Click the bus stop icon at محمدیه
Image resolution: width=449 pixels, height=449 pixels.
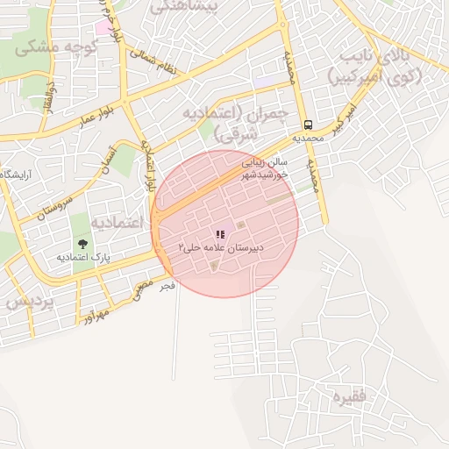308,125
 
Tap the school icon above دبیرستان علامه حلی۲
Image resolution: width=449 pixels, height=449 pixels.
220,234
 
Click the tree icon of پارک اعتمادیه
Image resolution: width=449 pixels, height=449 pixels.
82,244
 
